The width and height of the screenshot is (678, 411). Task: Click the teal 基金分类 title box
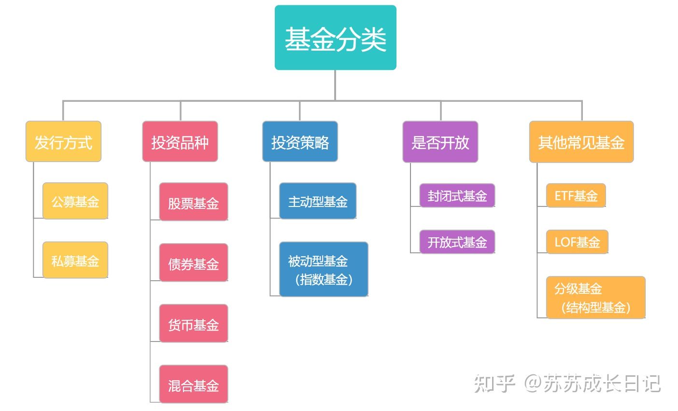coord(335,38)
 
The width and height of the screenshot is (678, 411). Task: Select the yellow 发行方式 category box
coord(63,142)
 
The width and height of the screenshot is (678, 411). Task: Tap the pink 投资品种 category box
coord(180,142)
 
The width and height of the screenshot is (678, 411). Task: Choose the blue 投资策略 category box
coord(299,142)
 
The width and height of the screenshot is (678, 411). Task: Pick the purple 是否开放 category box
coord(440,142)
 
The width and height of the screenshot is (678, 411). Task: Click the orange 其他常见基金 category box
coord(581,142)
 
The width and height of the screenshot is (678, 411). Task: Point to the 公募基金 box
coord(75,201)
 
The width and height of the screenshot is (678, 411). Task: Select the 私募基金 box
coord(75,260)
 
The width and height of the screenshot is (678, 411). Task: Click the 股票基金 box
coord(193,202)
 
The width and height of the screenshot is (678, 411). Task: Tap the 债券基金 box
coord(193,263)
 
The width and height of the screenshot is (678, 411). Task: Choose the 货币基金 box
coord(193,324)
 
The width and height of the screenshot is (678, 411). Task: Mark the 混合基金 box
coord(193,384)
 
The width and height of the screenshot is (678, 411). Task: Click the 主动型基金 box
coord(317,201)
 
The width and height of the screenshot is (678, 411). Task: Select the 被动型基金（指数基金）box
coord(323,269)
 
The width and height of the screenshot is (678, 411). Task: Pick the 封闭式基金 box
coord(457,195)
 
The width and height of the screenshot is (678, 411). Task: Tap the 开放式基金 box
coord(457,242)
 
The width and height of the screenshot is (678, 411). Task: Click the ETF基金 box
coord(576,195)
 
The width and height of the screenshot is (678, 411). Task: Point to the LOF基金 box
coord(577,242)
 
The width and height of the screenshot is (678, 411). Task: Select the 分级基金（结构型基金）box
coord(595,298)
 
